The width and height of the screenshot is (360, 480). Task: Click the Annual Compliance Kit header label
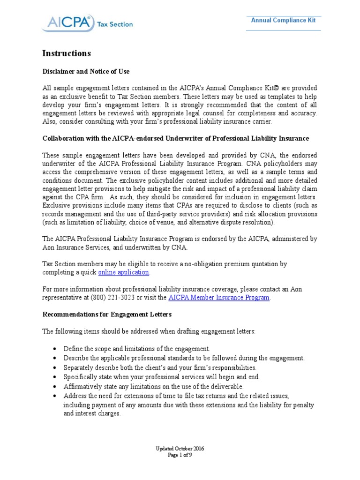(283, 20)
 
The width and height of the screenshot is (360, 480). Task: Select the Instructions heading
(66, 53)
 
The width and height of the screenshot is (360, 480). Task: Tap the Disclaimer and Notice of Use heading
(86, 72)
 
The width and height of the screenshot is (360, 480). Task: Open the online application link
(124, 272)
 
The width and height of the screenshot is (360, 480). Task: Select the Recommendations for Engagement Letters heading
(107, 314)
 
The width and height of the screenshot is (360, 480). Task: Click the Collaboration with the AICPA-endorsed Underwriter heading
(176, 138)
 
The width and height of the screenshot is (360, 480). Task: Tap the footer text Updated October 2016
(180, 449)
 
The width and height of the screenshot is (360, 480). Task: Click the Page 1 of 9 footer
(180, 455)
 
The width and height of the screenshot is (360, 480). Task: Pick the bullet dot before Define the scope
(55, 349)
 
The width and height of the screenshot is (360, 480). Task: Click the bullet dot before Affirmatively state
(55, 387)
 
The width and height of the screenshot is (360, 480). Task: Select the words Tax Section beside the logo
(115, 24)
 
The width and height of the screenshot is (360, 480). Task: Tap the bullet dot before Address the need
(55, 396)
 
